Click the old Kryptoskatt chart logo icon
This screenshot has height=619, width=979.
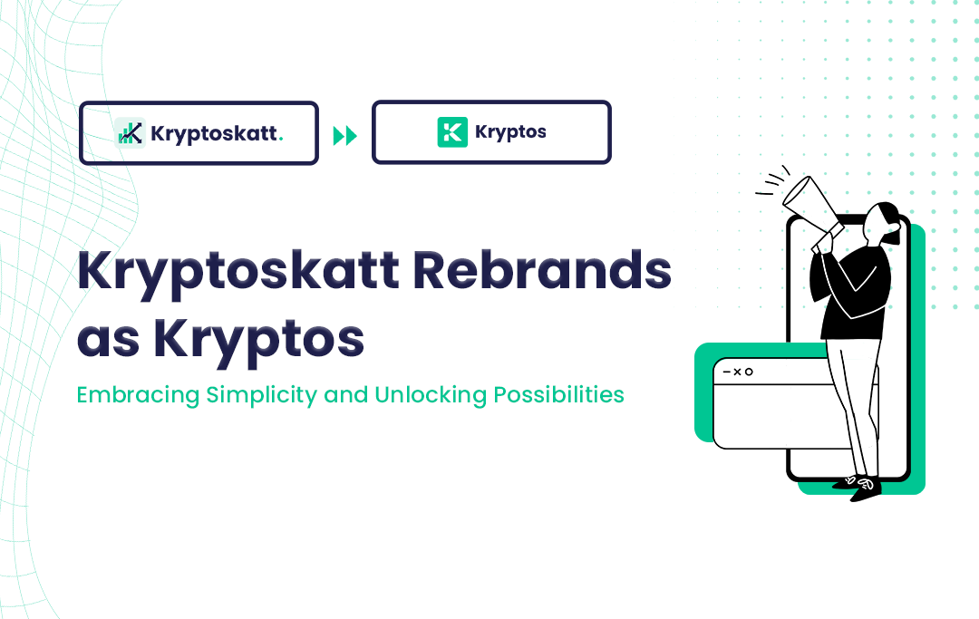[131, 133]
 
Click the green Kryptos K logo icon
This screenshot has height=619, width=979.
[452, 132]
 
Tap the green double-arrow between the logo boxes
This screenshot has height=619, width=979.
[345, 137]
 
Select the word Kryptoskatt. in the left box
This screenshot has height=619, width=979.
[217, 134]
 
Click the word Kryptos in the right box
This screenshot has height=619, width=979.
[510, 132]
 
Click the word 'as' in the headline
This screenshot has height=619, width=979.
[108, 340]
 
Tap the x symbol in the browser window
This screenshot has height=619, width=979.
[737, 372]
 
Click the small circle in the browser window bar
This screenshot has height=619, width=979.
[750, 372]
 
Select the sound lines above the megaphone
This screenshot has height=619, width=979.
[771, 181]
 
